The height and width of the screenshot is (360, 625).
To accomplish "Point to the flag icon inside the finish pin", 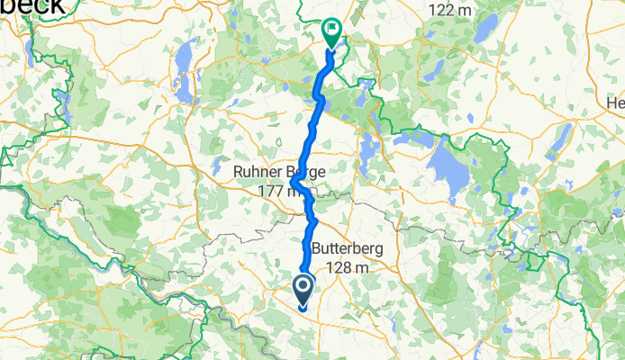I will pyautogui.click(x=331, y=31).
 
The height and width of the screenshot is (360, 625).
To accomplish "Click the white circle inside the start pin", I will pyautogui.click(x=302, y=287).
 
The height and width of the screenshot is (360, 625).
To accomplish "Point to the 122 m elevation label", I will pyautogui.click(x=450, y=10).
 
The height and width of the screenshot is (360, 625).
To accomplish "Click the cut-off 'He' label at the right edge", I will pyautogui.click(x=616, y=103).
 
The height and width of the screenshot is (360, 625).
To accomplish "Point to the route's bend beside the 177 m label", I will pyautogui.click(x=295, y=186).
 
